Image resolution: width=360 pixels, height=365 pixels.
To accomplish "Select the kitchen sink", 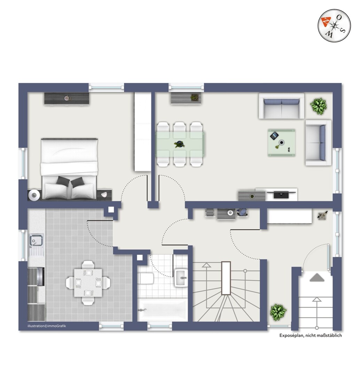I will (x=36, y=240).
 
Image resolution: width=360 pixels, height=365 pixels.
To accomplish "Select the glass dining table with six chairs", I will (x=180, y=144).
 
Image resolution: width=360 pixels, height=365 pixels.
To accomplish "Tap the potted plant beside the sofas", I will (x=318, y=106).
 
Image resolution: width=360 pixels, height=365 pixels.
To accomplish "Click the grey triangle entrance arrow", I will (x=317, y=278).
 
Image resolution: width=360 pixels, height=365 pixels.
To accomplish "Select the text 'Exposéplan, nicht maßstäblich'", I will (x=311, y=335).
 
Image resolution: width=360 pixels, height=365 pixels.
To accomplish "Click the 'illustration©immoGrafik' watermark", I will (x=47, y=326).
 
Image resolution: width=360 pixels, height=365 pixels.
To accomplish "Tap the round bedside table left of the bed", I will (x=34, y=195).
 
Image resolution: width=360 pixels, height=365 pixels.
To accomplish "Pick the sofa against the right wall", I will (x=318, y=142).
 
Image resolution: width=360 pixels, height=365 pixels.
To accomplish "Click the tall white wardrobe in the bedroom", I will (x=142, y=132).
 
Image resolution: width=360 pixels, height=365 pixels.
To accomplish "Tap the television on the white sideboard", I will (x=281, y=194).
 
